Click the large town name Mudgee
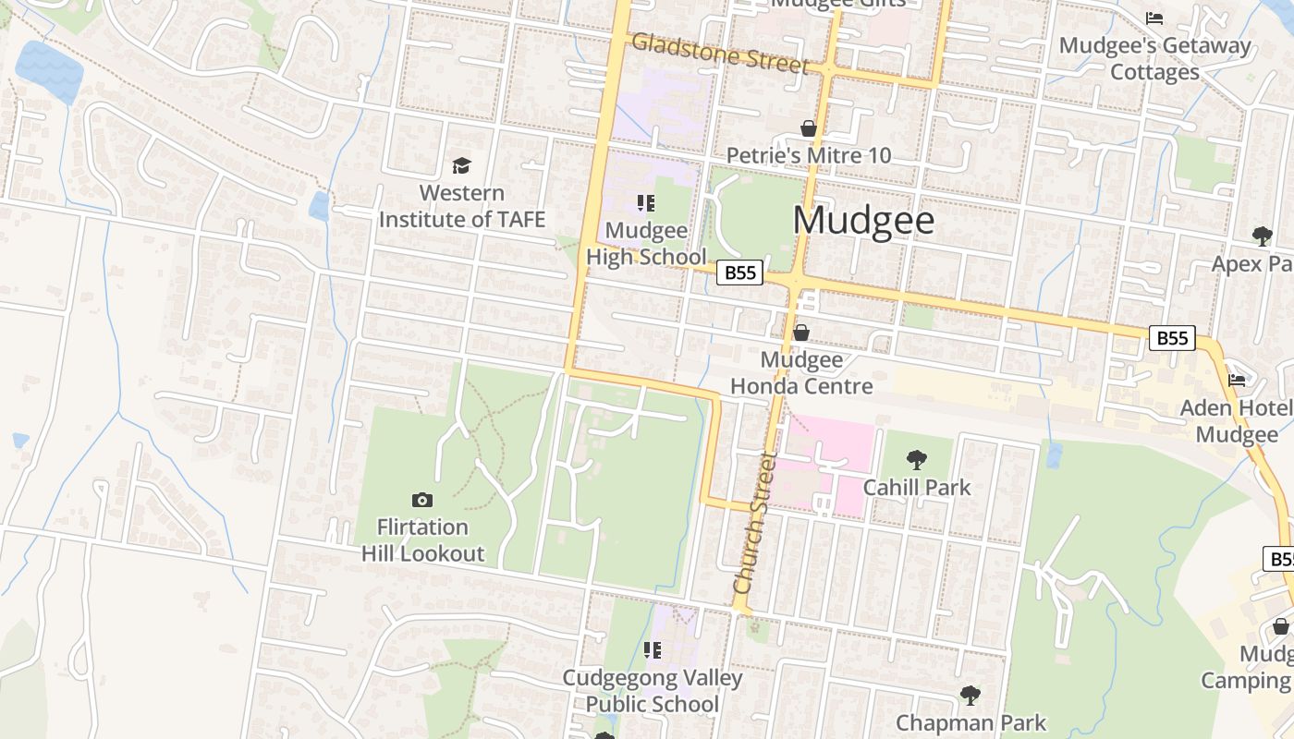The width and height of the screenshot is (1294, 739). pos(863,221)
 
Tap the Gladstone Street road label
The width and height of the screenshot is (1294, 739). pos(720,54)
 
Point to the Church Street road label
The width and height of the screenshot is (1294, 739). pos(754,523)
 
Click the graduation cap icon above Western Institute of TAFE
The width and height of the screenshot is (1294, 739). pos(461,165)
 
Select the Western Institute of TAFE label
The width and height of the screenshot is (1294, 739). pos(462,206)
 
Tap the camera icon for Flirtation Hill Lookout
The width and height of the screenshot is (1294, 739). pos(422,500)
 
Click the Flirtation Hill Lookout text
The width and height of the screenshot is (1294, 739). pos(422,540)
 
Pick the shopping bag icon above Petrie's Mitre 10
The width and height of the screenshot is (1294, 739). pos(809,128)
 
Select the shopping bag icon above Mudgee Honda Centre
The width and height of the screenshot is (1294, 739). pos(801,333)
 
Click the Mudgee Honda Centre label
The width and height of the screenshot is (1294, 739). pos(801,372)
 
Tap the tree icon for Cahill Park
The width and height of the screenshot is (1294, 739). pos(917,459)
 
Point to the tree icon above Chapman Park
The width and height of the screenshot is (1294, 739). pos(970,695)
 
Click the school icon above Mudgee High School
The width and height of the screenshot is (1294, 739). pos(646,203)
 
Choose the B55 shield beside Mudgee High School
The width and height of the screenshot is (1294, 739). pos(739,273)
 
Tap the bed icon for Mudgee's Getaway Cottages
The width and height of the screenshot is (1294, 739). pos(1154,18)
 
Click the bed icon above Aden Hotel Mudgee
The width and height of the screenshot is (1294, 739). pos(1237,380)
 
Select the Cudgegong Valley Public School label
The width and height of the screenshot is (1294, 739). pos(653,691)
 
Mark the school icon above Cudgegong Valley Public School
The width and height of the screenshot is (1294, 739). pos(653,650)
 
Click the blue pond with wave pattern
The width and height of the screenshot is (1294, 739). pos(48,64)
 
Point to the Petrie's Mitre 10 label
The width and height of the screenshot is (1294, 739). pos(809,155)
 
